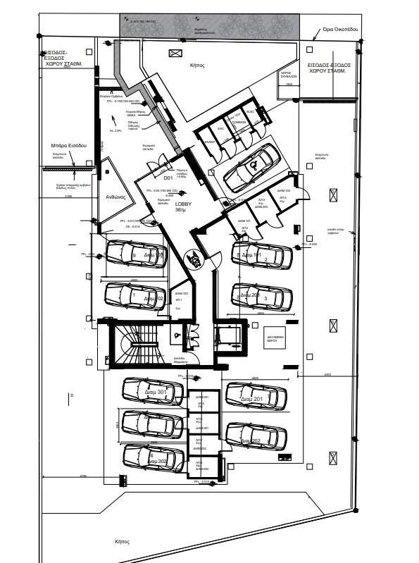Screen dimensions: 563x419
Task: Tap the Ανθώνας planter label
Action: [115, 197]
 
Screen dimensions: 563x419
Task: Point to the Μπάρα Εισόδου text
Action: [68, 145]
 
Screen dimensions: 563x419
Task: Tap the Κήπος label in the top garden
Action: [197, 64]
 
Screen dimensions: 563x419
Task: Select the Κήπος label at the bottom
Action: [124, 541]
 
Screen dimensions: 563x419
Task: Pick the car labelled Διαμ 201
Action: [256, 397]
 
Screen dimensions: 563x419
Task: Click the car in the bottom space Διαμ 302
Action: [153, 456]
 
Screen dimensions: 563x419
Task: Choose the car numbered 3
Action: [262, 297]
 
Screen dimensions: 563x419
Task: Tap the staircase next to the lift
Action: [138, 345]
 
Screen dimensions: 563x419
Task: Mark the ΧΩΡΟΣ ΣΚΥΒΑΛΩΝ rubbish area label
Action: [287, 75]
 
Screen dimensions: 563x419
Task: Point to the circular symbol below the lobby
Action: [192, 259]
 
